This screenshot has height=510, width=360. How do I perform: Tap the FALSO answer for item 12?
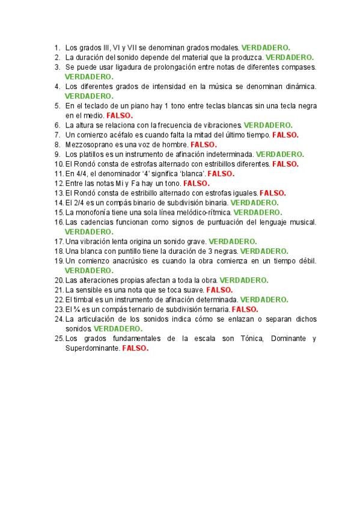[196, 183]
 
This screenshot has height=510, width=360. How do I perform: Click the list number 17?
[58, 241]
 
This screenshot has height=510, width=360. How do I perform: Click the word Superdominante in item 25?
[93, 348]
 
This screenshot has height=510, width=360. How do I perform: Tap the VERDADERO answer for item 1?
[266, 46]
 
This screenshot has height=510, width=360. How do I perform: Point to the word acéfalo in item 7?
[115, 135]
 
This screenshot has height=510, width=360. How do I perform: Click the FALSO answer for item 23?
[245, 309]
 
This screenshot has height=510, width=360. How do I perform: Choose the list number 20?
[58, 280]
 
